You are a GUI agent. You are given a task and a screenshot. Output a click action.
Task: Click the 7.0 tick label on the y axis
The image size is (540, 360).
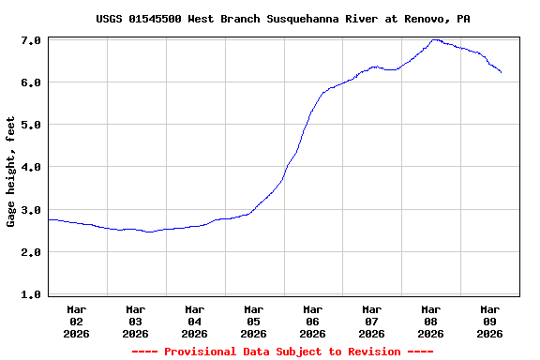[x=30, y=40]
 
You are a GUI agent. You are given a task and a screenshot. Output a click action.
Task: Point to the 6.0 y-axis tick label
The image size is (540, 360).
[x=30, y=82]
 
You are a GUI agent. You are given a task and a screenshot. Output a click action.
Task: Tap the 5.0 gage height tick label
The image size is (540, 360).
[x=30, y=125]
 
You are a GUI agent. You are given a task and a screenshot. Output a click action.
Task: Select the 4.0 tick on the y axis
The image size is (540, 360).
[x=30, y=167]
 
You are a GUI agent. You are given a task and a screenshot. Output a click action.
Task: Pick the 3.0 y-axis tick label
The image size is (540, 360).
[x=30, y=210]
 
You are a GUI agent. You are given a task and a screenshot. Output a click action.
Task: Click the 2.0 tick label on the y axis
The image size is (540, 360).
[x=30, y=252]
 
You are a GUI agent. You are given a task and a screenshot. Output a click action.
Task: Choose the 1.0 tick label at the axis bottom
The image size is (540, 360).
[x=30, y=294]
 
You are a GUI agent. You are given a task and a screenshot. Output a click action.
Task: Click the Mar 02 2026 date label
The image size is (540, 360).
[x=77, y=321]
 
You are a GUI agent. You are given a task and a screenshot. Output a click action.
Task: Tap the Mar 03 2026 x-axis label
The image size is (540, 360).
[x=136, y=321]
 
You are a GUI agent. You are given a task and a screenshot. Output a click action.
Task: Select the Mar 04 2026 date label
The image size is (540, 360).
[x=195, y=321]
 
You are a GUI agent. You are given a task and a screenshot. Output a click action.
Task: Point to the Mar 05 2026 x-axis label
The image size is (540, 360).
[x=254, y=321]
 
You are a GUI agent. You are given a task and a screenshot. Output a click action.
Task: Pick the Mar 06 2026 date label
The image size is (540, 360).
[x=313, y=321]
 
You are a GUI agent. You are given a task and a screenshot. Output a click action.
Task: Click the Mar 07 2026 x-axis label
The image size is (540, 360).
[x=372, y=321]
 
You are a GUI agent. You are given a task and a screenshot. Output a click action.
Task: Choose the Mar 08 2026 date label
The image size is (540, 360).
[x=431, y=321]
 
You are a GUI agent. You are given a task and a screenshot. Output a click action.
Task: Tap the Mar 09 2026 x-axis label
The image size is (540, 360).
[x=490, y=321]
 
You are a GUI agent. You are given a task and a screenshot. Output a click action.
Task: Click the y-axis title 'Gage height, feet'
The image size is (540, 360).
[x=11, y=172]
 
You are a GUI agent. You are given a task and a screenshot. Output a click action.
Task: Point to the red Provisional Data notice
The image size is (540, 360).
[x=283, y=352]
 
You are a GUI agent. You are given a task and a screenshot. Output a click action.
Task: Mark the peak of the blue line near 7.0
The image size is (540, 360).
[x=435, y=40]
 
